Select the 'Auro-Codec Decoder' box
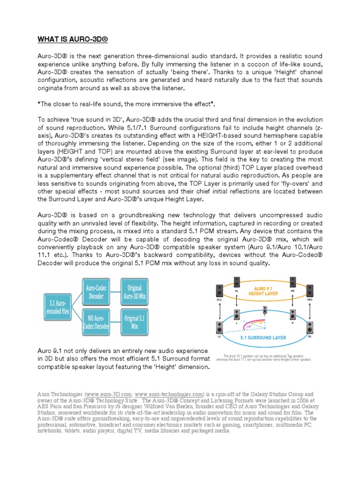click(95, 291)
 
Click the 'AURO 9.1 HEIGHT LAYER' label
click(266, 291)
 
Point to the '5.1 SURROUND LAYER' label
click(263, 337)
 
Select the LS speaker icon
click(219, 328)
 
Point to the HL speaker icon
click(237, 282)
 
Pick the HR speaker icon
click(292, 282)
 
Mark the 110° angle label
click(236, 327)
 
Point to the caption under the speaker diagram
click(264, 358)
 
